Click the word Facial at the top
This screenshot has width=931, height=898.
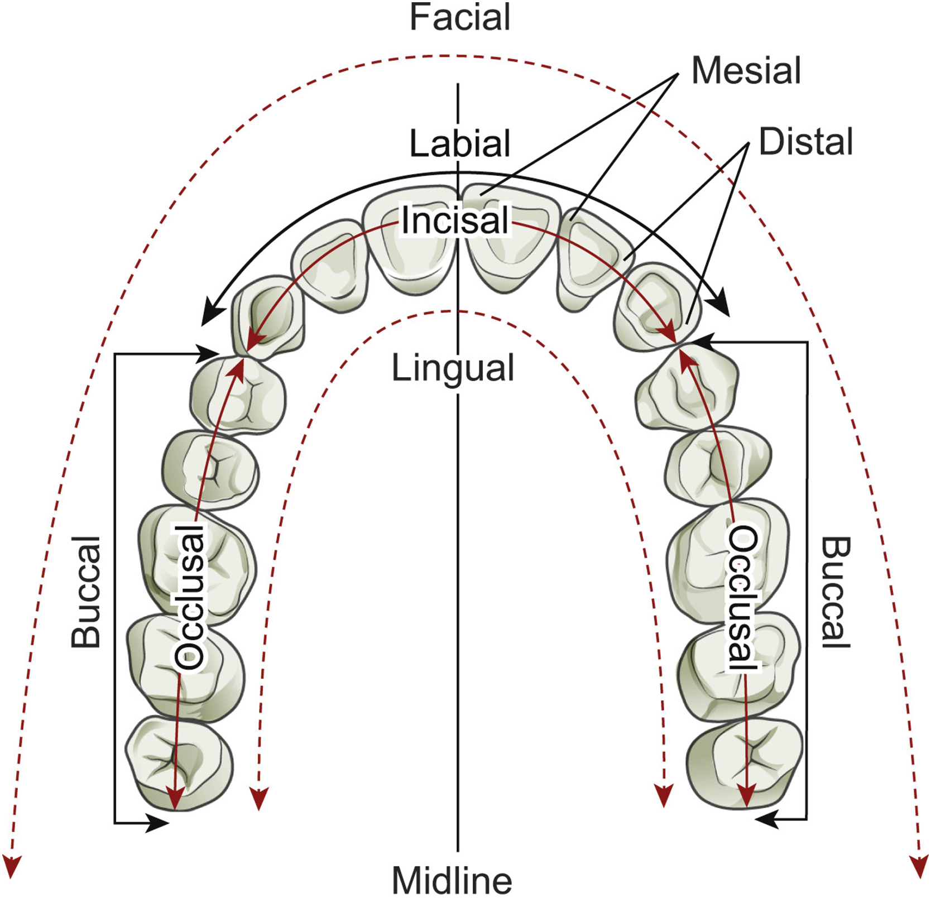459,18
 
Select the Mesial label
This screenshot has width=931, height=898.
746,71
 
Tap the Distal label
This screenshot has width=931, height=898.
805,142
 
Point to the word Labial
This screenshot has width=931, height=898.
459,143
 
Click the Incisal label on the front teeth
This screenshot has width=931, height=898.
455,220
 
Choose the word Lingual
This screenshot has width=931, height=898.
453,369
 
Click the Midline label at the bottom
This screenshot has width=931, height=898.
452,881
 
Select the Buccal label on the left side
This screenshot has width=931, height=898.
87,592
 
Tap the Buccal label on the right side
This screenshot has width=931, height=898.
836,592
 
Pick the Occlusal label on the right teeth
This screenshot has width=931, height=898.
742,598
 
